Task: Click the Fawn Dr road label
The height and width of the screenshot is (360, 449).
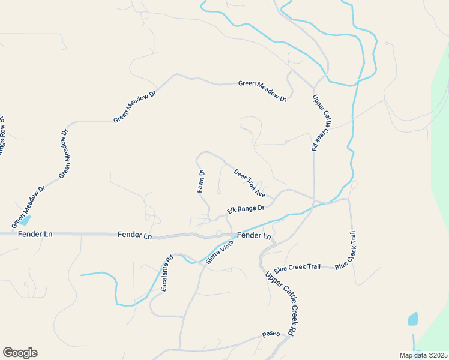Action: tap(202, 181)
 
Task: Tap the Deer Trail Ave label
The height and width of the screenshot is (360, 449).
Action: tap(250, 183)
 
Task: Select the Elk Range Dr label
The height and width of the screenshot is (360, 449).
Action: tap(246, 209)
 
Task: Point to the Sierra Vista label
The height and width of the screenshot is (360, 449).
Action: tap(219, 252)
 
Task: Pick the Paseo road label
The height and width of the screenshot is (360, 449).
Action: tap(271, 334)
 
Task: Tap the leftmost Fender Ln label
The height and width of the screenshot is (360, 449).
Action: tap(35, 233)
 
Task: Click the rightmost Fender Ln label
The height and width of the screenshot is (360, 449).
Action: tap(255, 236)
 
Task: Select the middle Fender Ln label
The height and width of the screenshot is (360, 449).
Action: tap(135, 235)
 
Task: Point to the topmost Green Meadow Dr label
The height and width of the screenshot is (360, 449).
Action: tap(262, 89)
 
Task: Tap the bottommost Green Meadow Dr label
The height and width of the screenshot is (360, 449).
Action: tap(28, 208)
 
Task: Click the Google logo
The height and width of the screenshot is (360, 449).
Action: tap(20, 353)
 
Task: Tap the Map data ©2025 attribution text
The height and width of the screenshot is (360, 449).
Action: tap(424, 355)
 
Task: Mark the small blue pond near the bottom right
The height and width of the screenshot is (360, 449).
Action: tap(413, 319)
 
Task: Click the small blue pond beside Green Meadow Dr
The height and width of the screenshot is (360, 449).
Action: tap(25, 220)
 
